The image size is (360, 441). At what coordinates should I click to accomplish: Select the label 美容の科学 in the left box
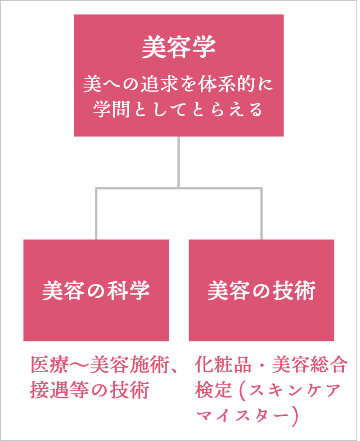pos(96,291)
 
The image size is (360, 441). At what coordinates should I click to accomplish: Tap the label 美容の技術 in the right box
pos(261,291)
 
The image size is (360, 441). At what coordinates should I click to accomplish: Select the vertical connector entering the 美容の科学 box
pos(96,214)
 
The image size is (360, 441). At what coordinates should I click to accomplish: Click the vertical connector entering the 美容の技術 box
pos(261,214)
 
